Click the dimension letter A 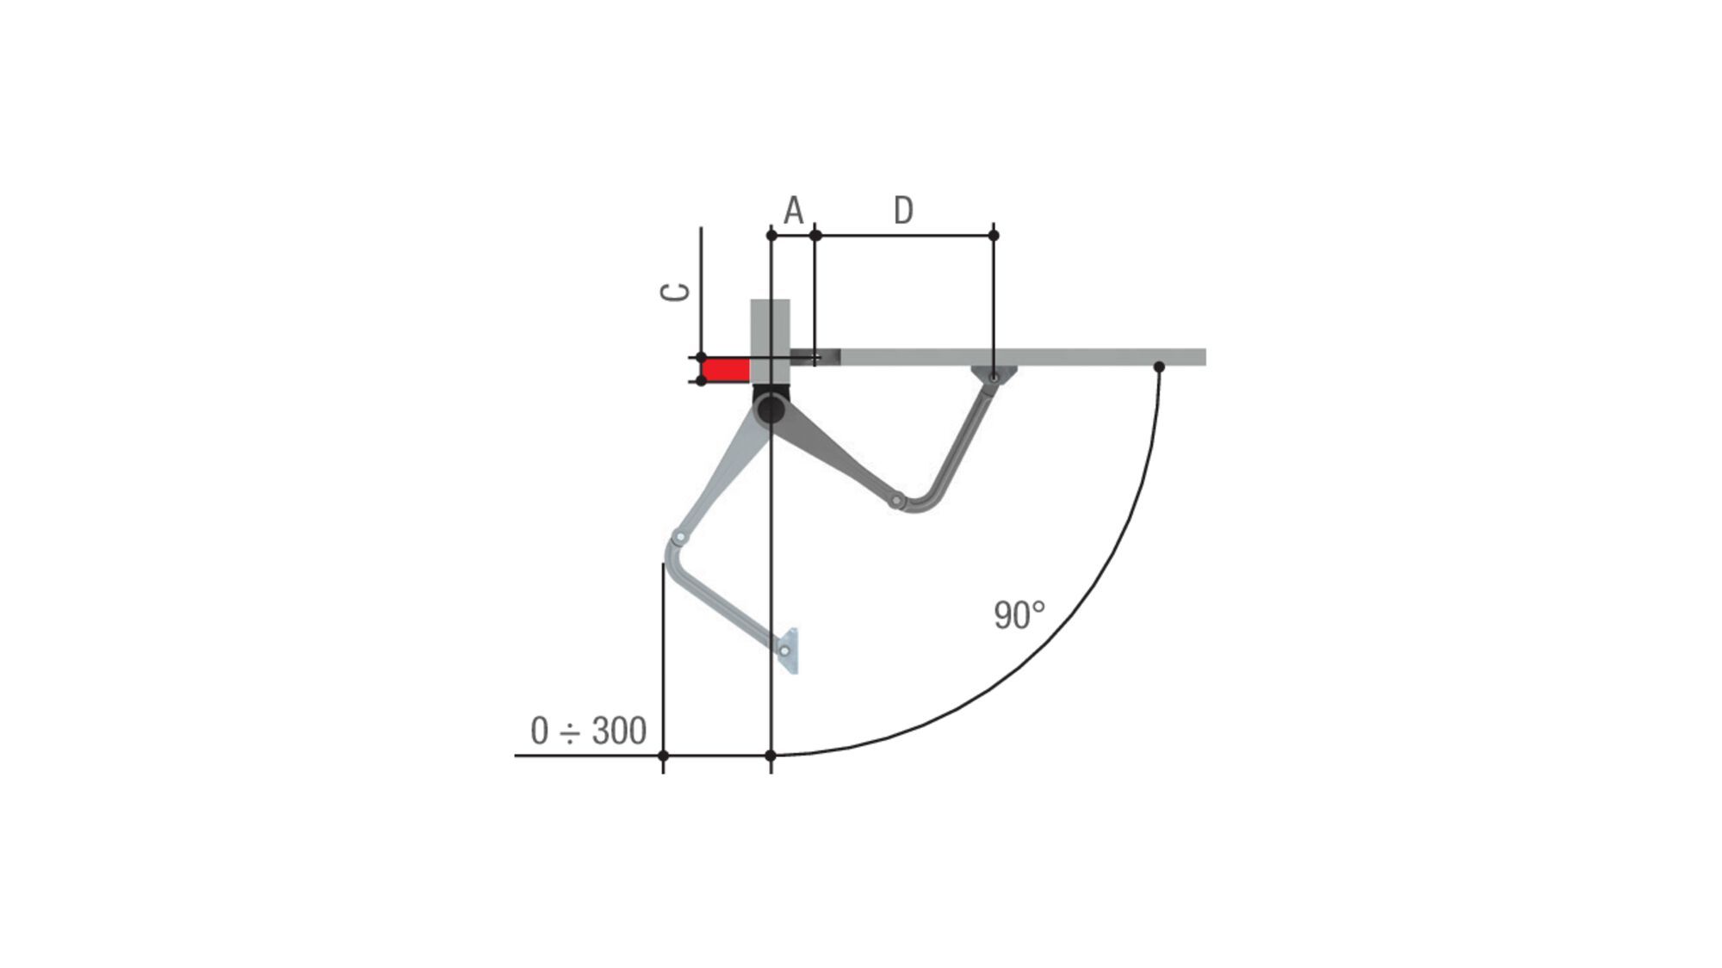793,210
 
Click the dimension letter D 902,210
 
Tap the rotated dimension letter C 675,292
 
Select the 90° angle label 1019,615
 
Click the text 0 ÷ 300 588,731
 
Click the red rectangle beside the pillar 726,370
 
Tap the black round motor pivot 771,408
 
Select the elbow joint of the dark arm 896,500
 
